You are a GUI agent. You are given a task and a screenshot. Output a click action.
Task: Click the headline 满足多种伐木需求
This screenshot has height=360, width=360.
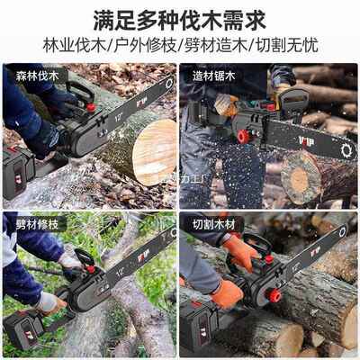tap(180, 18)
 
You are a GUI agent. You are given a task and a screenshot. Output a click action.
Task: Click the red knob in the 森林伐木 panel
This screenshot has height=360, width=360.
tap(90, 108)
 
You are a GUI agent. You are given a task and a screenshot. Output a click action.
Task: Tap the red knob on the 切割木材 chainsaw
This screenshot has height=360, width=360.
tap(274, 295)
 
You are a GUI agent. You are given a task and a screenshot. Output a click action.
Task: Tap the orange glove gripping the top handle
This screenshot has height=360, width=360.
tap(241, 249)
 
